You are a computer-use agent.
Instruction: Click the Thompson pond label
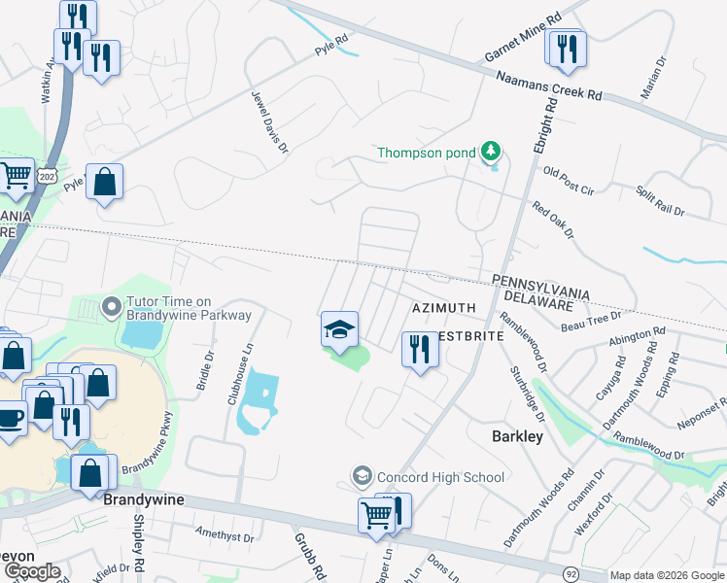426,153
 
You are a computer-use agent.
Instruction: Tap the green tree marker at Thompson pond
492,152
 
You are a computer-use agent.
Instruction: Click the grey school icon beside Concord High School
362,476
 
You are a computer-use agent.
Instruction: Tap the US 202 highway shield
48,175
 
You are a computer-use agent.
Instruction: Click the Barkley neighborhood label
516,437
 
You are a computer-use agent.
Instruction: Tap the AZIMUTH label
443,308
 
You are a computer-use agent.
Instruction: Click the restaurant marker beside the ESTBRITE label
420,349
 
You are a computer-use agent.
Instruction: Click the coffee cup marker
10,419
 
